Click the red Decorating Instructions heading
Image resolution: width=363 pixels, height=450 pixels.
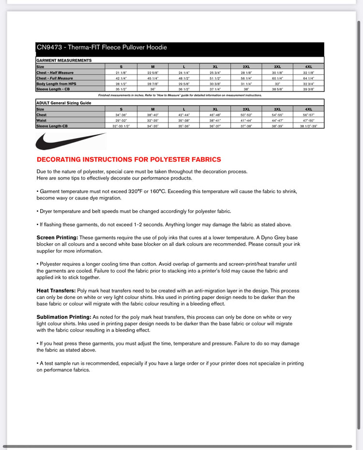click(129, 159)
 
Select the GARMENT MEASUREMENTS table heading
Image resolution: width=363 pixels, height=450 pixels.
click(64, 60)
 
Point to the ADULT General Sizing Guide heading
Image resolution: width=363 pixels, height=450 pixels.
click(64, 103)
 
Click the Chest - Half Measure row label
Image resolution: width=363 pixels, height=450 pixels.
click(54, 72)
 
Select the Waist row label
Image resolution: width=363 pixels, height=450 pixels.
click(41, 120)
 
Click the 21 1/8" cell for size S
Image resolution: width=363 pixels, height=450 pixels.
click(121, 72)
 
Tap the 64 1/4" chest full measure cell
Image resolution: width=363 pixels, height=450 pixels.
click(308, 78)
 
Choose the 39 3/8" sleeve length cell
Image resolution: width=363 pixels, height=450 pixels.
click(308, 89)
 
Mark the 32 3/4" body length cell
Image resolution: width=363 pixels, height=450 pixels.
click(308, 83)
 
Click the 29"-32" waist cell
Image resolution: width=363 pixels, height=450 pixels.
click(121, 120)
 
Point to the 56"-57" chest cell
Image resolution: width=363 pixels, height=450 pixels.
click(308, 115)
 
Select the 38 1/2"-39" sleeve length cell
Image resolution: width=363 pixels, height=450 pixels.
click(308, 126)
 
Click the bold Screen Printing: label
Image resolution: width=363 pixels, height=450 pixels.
click(57, 237)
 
